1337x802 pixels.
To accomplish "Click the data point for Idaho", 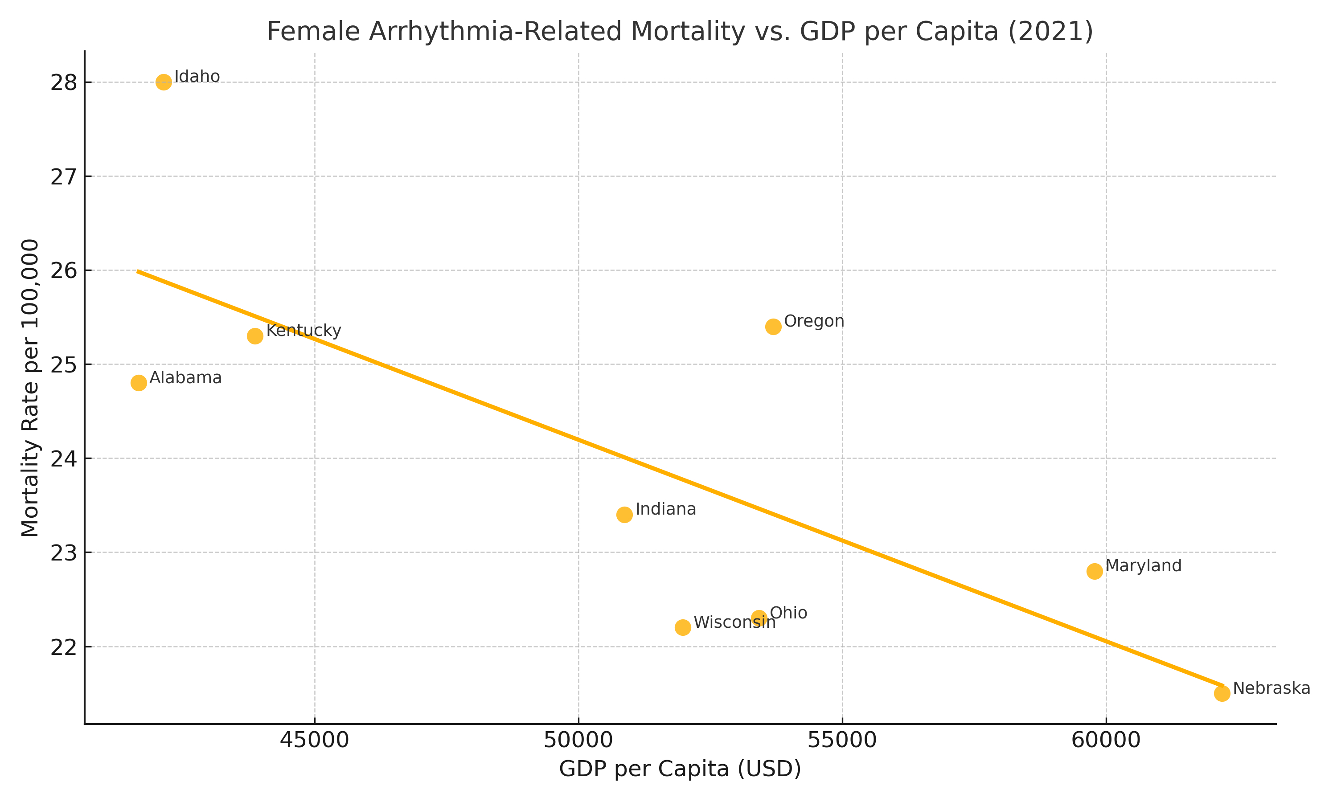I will tap(164, 82).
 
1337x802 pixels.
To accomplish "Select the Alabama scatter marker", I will tap(139, 383).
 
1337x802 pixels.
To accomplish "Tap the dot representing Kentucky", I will tap(255, 336).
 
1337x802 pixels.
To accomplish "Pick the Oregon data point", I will tap(773, 327).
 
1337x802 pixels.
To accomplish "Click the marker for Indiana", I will tap(624, 515).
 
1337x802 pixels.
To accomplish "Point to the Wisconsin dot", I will tap(683, 627).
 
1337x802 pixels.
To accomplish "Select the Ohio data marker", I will tap(759, 618).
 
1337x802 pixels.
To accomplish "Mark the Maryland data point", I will tap(1095, 571).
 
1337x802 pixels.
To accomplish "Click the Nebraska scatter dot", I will tap(1222, 693).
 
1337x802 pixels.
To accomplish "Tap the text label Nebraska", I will tap(1271, 688).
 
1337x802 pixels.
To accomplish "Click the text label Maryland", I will tap(1144, 566).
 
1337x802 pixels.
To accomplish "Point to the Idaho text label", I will tap(197, 77).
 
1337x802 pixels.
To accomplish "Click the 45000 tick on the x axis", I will tap(314, 741).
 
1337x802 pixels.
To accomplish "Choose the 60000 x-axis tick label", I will tap(1106, 741).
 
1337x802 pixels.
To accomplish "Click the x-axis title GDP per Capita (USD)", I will tap(680, 769).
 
